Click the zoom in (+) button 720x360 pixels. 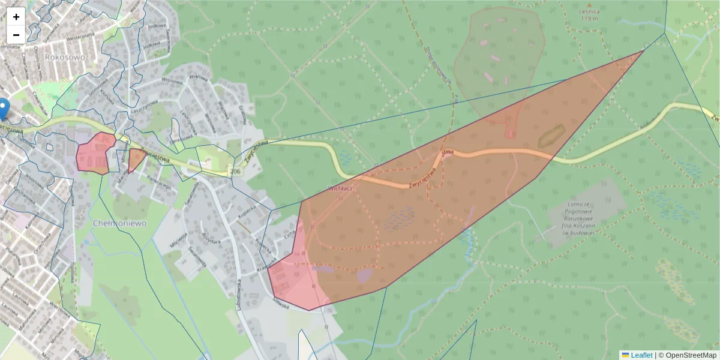pyautogui.click(x=16, y=17)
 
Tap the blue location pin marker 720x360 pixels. pyautogui.click(x=4, y=107)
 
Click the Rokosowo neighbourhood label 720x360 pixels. pyautogui.click(x=65, y=57)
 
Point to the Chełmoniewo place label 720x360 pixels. pyautogui.click(x=120, y=223)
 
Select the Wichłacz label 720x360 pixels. pyautogui.click(x=340, y=188)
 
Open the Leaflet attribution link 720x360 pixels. pyautogui.click(x=640, y=355)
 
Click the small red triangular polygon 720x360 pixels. pyautogui.click(x=136, y=160)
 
